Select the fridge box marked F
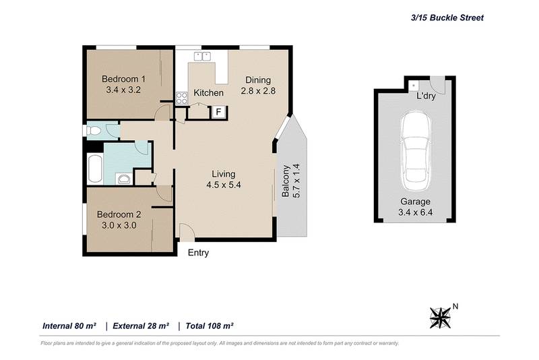coord(218,113)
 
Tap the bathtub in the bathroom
coord(94,168)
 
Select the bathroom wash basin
coord(123,179)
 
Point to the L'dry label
coord(426,96)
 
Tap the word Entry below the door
coord(198,253)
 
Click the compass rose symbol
coord(441,316)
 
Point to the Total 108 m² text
coord(209,326)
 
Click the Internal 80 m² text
coord(69,326)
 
